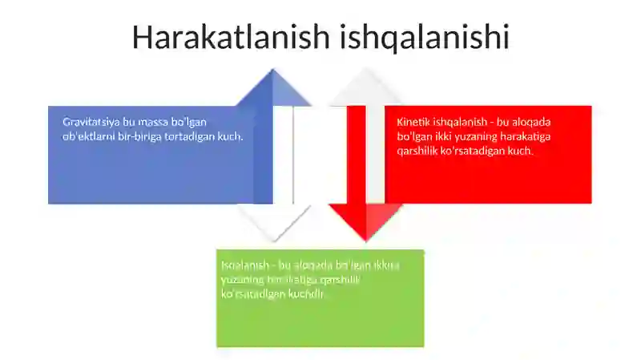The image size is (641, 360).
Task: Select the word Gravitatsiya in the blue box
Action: click(x=91, y=122)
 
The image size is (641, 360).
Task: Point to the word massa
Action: click(x=154, y=122)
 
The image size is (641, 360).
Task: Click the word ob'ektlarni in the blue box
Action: click(x=91, y=136)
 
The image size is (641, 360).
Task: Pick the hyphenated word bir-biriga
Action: click(x=146, y=136)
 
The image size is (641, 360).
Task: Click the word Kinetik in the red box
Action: click(x=414, y=122)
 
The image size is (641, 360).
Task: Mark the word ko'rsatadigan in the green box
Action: click(x=252, y=293)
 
